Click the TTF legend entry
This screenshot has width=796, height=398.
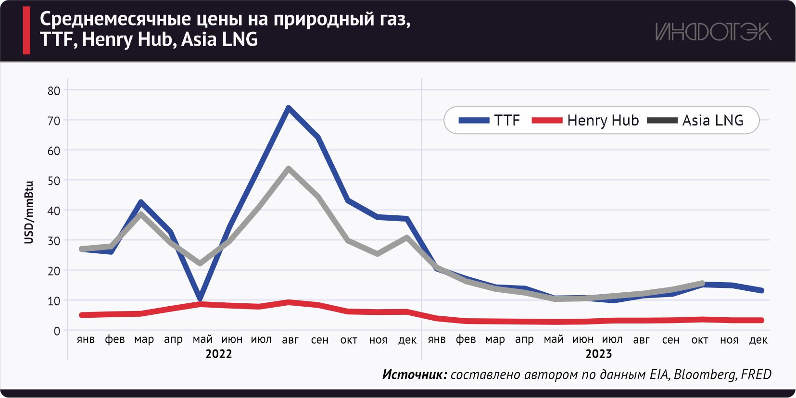coord(490,120)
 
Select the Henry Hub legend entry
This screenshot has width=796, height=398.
coord(585,120)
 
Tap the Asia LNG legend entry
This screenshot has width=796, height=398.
coord(695,120)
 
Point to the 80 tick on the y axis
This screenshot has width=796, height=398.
coord(54,91)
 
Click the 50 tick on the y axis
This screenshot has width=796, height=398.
coord(54,181)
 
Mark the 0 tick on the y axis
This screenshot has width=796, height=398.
coord(57,331)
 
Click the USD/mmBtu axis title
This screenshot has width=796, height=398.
coord(29,212)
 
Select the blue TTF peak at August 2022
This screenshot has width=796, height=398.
coord(288,108)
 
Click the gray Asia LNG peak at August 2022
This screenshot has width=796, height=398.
coord(288,169)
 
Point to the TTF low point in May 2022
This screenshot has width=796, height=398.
coord(200,298)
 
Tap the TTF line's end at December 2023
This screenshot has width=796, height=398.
coord(761,290)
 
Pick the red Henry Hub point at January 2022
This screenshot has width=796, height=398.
coord(82,315)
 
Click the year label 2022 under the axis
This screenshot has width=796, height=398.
coord(218,354)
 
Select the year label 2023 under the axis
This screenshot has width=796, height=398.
coord(598,354)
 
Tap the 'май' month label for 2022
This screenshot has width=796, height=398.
coord(202,339)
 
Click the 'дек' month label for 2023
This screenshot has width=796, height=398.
coord(758,340)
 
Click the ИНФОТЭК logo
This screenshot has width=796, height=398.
coord(713,32)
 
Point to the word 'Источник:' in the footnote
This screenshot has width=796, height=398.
coord(415,374)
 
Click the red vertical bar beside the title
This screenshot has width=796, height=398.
coord(26,30)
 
